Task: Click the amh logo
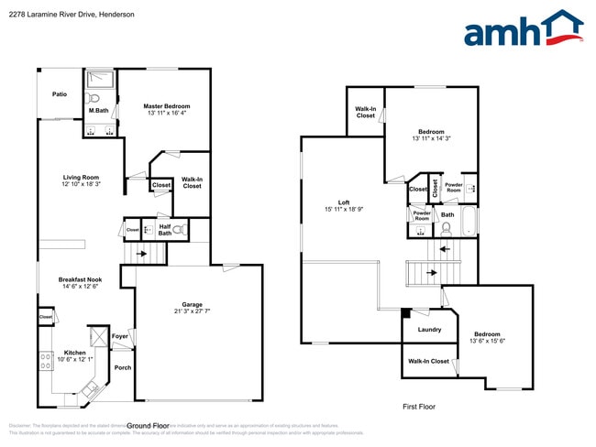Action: [523, 29]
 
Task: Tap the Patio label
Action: [60, 94]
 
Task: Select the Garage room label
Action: [192, 303]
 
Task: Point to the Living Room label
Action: [81, 177]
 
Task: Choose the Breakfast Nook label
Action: [80, 279]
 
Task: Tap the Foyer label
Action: [120, 336]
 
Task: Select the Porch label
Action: [123, 367]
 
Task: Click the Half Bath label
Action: [165, 230]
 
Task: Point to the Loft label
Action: [344, 202]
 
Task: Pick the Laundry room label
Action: [429, 330]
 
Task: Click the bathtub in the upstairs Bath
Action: [469, 220]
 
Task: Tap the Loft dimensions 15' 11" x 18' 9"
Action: [344, 210]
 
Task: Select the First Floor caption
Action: [419, 406]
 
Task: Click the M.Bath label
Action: [98, 111]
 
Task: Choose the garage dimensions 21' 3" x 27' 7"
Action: [192, 311]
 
